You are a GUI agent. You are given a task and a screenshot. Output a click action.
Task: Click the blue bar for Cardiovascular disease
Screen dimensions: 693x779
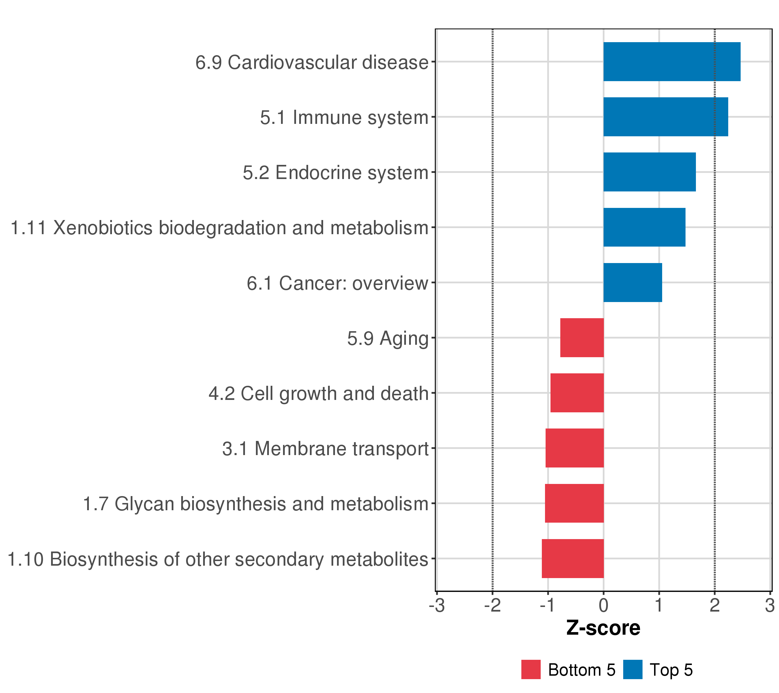671,62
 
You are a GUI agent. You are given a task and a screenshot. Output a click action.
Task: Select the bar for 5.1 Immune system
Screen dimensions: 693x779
665,117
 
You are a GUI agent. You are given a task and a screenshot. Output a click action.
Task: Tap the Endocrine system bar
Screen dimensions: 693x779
649,172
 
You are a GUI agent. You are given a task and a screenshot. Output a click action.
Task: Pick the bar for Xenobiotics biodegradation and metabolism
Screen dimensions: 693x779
644,227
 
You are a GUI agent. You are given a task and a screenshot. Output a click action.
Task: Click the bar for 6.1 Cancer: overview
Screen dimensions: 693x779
633,283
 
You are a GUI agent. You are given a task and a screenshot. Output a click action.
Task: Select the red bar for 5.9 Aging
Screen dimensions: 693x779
582,338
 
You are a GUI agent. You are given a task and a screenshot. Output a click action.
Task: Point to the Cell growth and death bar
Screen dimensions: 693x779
577,393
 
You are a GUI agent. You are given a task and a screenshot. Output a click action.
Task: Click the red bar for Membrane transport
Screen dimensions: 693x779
574,448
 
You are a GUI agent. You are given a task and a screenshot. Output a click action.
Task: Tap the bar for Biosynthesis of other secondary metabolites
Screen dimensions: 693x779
572,558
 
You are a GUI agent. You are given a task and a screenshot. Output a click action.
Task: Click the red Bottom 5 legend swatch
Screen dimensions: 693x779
531,669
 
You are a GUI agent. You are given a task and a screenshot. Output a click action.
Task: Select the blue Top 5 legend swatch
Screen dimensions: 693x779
633,669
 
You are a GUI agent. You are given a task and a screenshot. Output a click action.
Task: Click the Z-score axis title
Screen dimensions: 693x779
603,628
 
